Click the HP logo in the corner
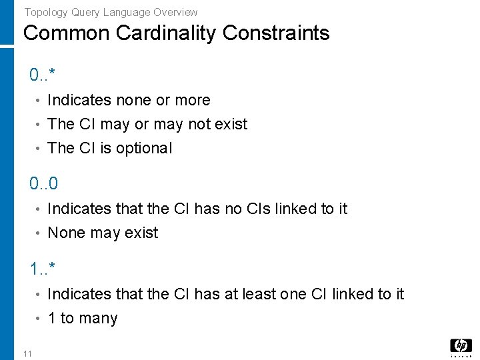pyautogui.click(x=460, y=345)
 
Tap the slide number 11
pyautogui.click(x=27, y=353)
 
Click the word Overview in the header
pyautogui.click(x=175, y=12)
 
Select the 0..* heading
pyautogui.click(x=42, y=75)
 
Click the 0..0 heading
pyautogui.click(x=43, y=183)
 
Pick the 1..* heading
pyautogui.click(x=42, y=269)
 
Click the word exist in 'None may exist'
pyautogui.click(x=141, y=233)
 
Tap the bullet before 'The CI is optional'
pyautogui.click(x=39, y=149)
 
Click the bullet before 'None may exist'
pyautogui.click(x=39, y=233)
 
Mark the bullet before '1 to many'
pyautogui.click(x=39, y=319)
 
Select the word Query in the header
pyautogui.click(x=83, y=12)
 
